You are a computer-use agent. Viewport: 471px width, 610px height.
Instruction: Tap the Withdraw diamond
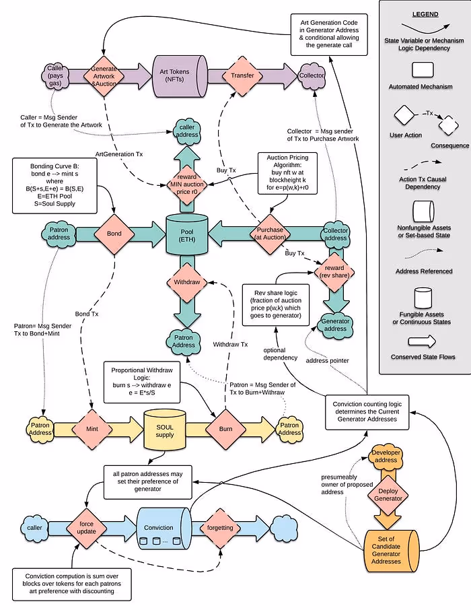pyautogui.click(x=186, y=282)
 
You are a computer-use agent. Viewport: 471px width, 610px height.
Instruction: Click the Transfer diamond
pyautogui.click(x=242, y=75)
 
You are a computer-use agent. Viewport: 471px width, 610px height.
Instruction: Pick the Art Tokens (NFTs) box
pyautogui.click(x=178, y=75)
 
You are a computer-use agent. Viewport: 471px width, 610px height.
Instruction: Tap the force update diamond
pyautogui.click(x=86, y=527)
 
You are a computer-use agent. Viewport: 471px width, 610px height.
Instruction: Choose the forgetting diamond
pyautogui.click(x=219, y=527)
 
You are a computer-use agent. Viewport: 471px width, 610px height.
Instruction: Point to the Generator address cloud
pyautogui.click(x=335, y=324)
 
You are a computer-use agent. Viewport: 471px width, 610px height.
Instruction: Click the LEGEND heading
pyautogui.click(x=425, y=14)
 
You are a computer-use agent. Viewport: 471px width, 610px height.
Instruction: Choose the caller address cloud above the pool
pyautogui.click(x=186, y=130)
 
